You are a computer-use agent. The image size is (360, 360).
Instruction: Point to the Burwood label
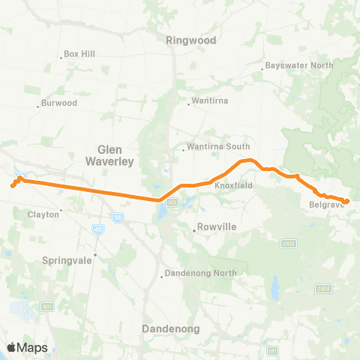click(x=59, y=102)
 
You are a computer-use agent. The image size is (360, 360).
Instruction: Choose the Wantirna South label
click(x=218, y=147)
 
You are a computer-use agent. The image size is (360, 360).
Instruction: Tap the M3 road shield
click(x=172, y=202)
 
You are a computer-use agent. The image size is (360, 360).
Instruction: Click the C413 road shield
click(x=286, y=243)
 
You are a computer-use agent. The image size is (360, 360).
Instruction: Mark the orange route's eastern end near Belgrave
click(x=346, y=201)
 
